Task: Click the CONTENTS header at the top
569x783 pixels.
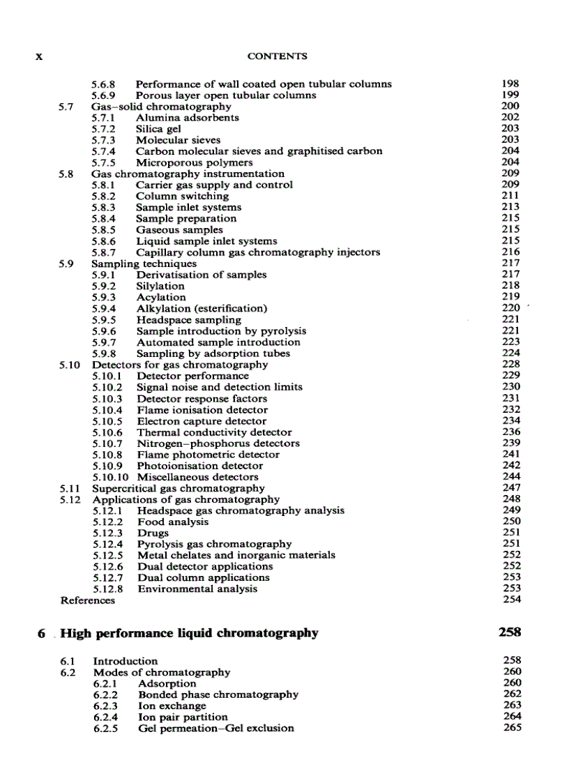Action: click(282, 56)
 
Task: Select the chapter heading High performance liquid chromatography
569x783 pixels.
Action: click(189, 633)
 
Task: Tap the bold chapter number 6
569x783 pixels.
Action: click(42, 633)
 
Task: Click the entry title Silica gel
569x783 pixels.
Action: click(158, 129)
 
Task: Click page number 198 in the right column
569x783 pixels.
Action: click(510, 84)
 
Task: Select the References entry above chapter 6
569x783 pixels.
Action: click(88, 600)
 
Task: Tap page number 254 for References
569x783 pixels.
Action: click(511, 600)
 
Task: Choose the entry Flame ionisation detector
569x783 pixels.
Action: click(202, 410)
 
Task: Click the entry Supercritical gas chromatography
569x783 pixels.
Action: click(179, 488)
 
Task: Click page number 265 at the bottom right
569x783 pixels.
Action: click(512, 728)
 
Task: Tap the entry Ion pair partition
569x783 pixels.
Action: click(183, 717)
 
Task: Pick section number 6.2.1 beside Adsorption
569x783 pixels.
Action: click(107, 683)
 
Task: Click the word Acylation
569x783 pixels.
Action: click(160, 297)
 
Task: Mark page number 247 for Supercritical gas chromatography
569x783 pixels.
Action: click(511, 488)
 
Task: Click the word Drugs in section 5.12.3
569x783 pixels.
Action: click(153, 533)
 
